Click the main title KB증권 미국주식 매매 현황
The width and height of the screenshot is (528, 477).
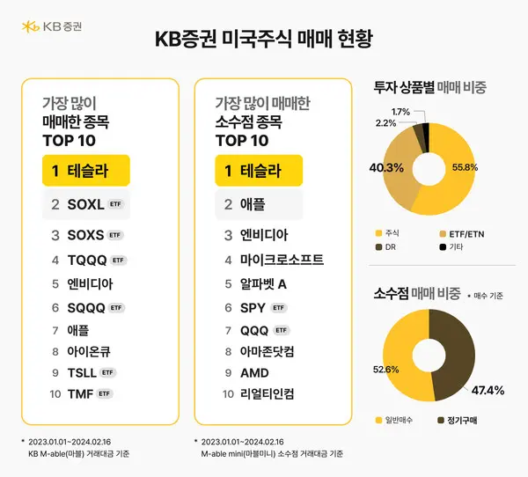(x=263, y=40)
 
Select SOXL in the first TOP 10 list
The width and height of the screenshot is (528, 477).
(x=85, y=204)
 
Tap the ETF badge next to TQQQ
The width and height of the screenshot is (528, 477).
(x=120, y=260)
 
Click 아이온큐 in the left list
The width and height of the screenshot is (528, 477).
(x=89, y=350)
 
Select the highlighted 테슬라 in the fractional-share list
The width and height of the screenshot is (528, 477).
(x=260, y=171)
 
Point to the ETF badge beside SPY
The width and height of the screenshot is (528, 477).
(x=278, y=308)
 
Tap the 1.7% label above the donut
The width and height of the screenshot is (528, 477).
(x=400, y=112)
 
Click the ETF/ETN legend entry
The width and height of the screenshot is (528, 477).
(x=458, y=233)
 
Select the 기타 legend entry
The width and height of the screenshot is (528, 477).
(x=453, y=248)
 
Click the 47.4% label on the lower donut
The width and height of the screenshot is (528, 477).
(x=488, y=389)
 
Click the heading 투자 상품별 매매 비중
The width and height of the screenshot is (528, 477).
(x=430, y=87)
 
